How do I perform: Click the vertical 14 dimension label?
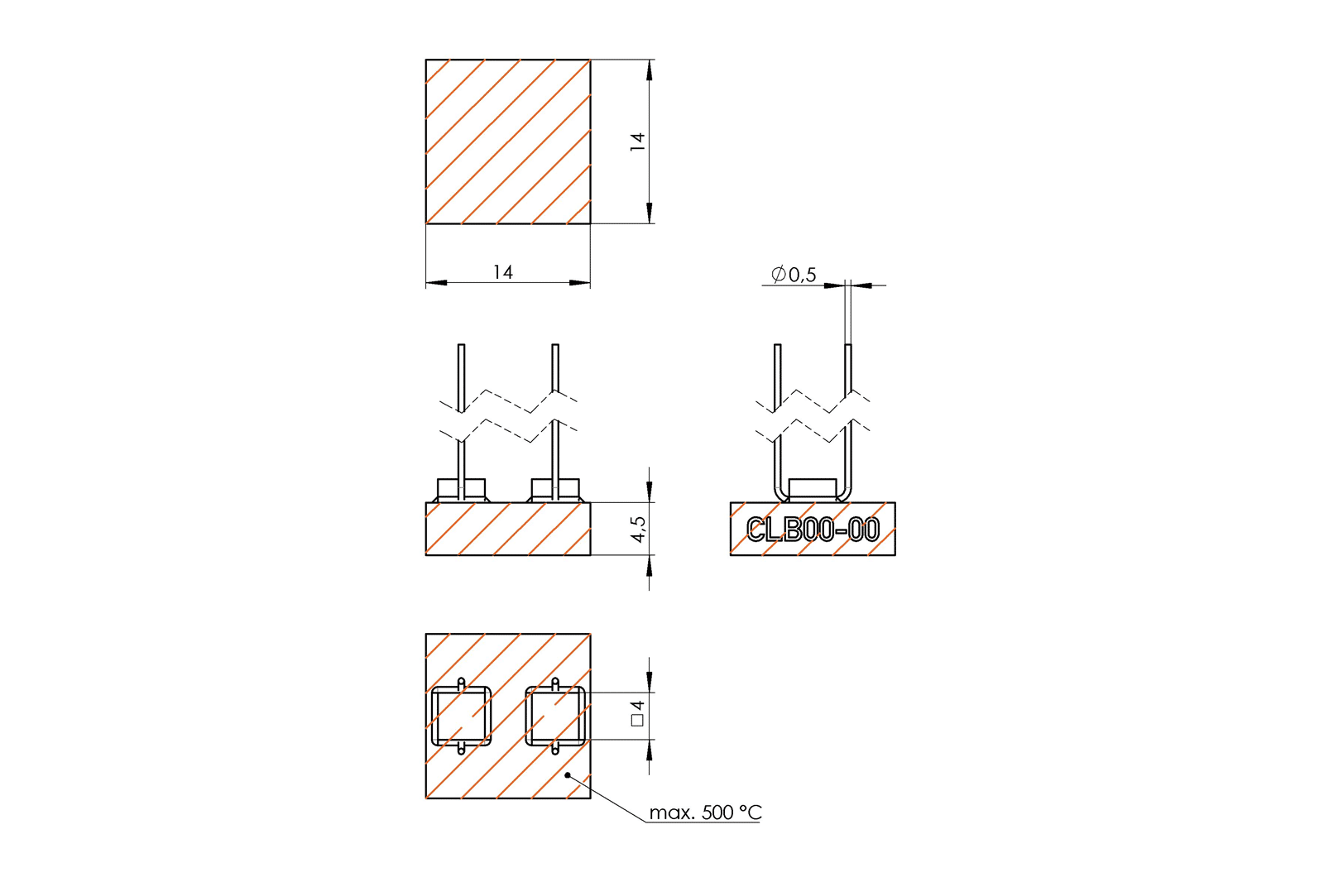(x=637, y=141)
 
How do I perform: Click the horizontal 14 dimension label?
(x=503, y=272)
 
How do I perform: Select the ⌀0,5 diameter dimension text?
(x=794, y=274)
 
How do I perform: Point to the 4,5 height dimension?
(x=638, y=529)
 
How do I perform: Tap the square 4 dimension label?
(x=637, y=713)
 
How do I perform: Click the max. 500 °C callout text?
(x=705, y=812)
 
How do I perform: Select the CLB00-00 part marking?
(x=813, y=529)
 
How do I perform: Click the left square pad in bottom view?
(x=461, y=716)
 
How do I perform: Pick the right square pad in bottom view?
(x=555, y=716)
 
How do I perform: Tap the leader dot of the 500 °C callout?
(x=568, y=775)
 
